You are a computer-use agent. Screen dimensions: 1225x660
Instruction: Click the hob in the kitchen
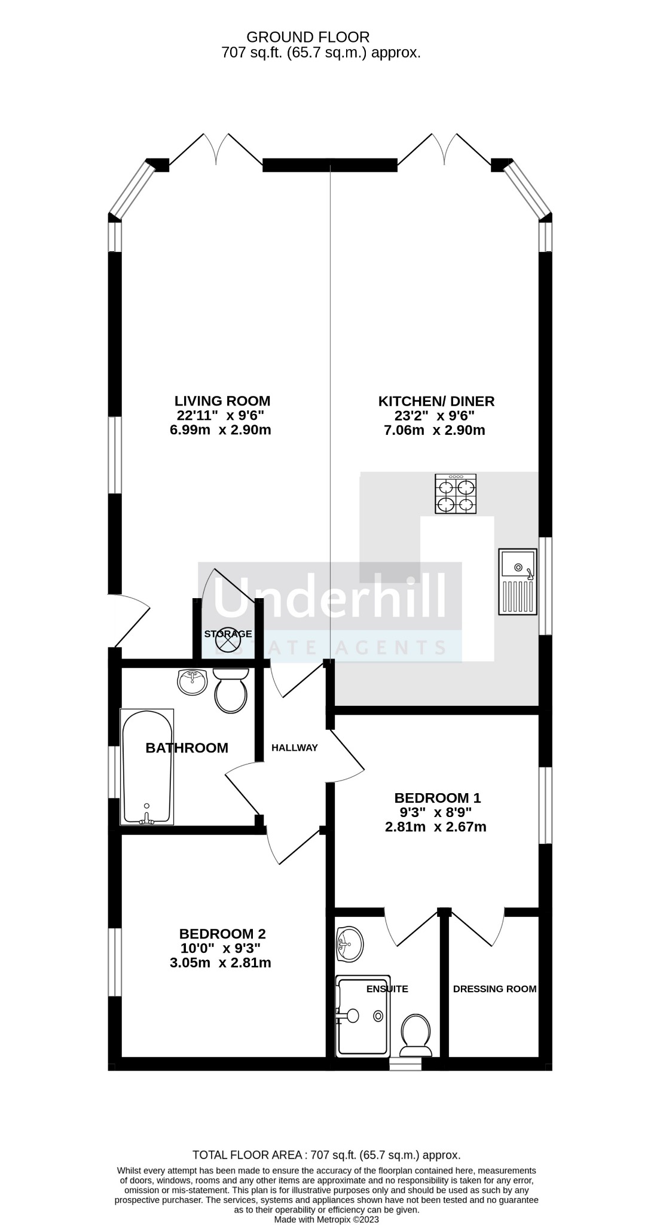457,493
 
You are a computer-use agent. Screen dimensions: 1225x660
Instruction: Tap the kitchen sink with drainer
518,581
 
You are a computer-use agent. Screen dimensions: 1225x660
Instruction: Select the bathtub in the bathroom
147,767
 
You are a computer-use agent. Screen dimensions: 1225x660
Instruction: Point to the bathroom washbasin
192,682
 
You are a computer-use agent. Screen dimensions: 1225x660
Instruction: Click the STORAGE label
228,634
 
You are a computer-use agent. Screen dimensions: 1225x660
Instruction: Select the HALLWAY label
294,748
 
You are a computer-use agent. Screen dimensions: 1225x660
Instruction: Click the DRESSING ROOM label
494,989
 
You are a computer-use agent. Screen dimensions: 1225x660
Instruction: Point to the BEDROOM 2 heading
222,934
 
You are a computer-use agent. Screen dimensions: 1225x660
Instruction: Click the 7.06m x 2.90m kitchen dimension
434,430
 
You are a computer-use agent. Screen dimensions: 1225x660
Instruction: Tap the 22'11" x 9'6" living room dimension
220,415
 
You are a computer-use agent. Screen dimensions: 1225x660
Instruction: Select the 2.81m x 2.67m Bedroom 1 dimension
435,827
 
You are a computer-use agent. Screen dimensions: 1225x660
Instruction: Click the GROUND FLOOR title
308,38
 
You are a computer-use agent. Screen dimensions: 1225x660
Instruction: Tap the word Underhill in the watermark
329,597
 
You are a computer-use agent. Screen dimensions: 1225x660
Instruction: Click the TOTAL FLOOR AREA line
326,1155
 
